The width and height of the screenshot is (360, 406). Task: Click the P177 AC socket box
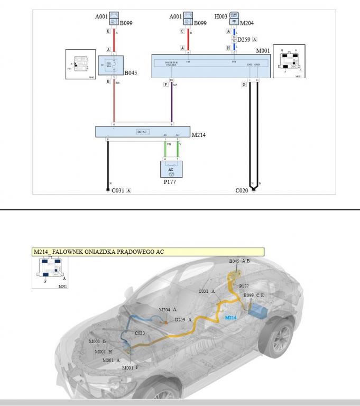tap(171, 169)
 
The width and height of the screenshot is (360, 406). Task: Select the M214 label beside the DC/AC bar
tap(198, 135)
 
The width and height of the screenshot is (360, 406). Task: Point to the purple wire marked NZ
tap(172, 103)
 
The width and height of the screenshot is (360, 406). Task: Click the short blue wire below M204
tap(234, 32)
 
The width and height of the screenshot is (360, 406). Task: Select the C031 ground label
tap(117, 190)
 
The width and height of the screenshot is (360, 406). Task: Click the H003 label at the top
tap(220, 17)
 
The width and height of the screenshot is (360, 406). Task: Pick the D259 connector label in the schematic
tap(243, 39)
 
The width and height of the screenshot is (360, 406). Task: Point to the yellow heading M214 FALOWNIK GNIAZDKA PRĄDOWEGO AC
tap(148, 252)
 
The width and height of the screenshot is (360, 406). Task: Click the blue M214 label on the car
tap(230, 318)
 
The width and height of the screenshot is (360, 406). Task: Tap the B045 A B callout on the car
tap(239, 261)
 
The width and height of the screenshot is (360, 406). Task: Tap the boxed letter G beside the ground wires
tap(244, 84)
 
